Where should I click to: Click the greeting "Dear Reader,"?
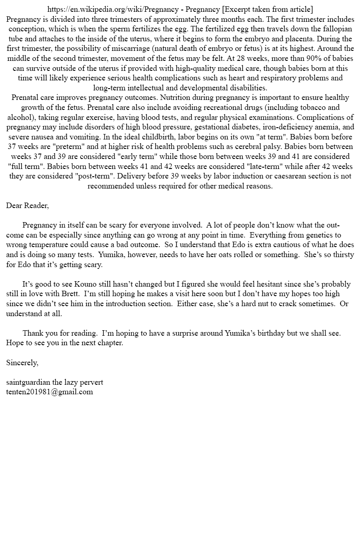(x=27, y=205)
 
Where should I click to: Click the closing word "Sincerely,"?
(x=22, y=362)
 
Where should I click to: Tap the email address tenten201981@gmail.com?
(x=50, y=392)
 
